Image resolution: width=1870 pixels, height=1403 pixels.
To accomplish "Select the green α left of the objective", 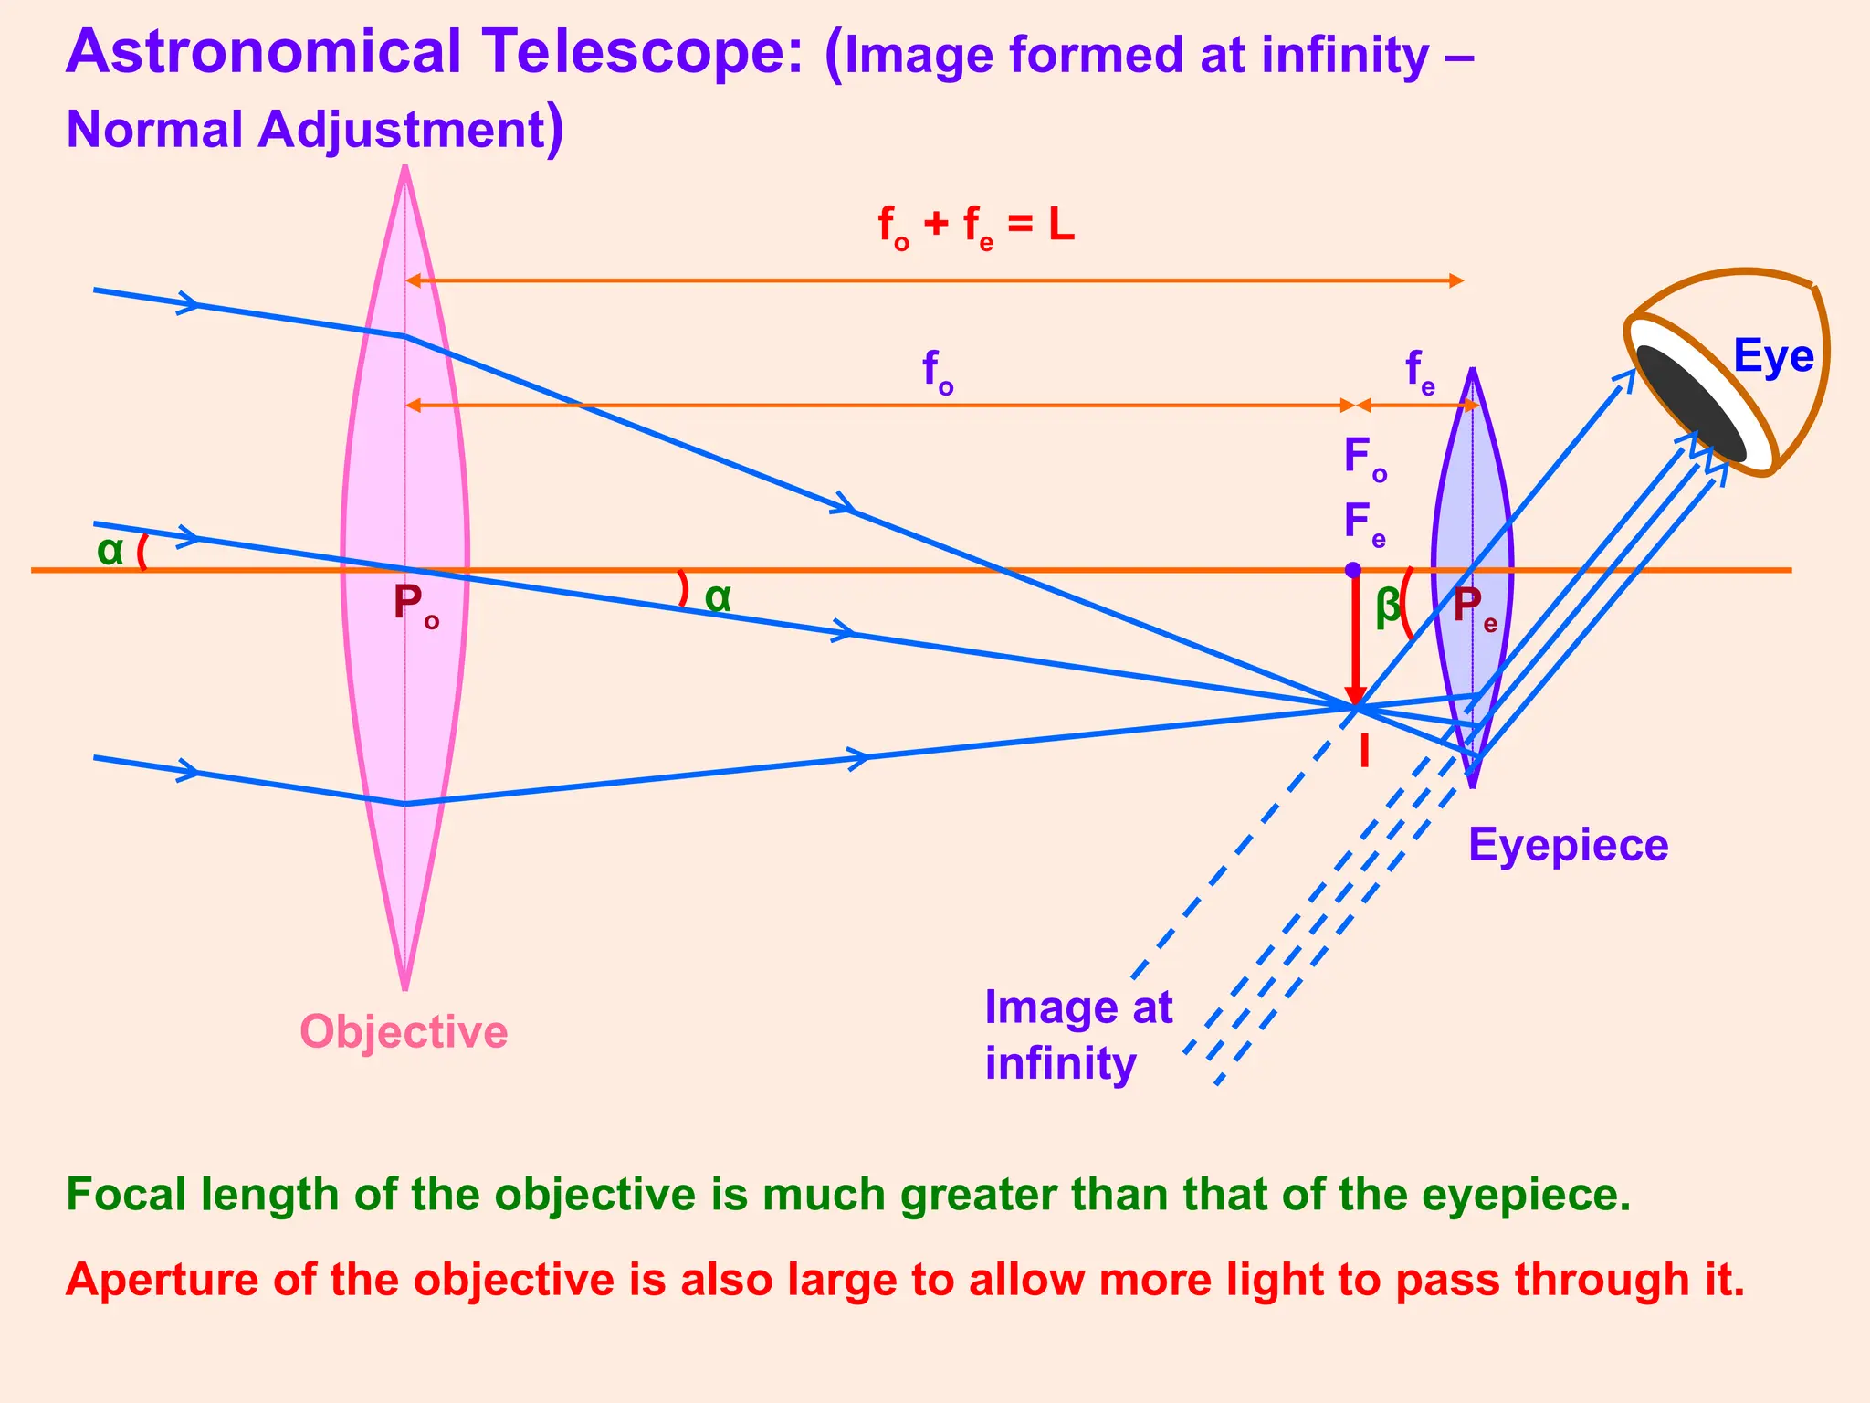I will click(x=110, y=551).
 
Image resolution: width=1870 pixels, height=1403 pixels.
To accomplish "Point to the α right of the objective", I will click(x=718, y=597).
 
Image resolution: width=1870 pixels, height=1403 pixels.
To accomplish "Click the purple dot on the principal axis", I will click(x=1353, y=570).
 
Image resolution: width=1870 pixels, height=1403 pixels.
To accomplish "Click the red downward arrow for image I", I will click(x=1355, y=639).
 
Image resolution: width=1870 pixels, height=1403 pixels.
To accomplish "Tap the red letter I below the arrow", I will click(x=1364, y=752).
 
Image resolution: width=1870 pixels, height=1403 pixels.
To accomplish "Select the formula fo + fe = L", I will click(x=975, y=226).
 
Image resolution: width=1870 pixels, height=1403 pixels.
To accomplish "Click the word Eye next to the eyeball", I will click(x=1772, y=356).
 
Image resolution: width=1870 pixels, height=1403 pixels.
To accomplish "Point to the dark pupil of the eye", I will click(x=1689, y=403).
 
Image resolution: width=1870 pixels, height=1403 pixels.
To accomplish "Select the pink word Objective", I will click(x=404, y=1032).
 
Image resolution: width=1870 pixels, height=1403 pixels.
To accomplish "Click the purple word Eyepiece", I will click(x=1568, y=845).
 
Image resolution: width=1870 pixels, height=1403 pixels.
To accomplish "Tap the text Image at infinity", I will click(x=1077, y=1036).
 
